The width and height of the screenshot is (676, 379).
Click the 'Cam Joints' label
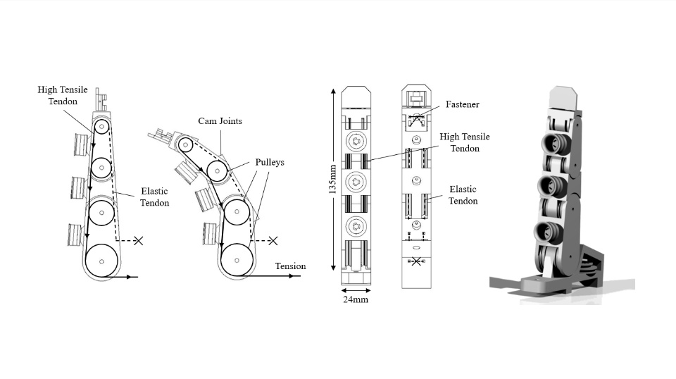coord(220,121)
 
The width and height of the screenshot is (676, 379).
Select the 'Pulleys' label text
coord(270,162)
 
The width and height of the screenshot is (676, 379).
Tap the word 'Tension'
coord(291,266)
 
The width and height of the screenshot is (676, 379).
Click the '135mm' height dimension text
coord(332,179)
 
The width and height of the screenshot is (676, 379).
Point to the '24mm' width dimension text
coord(356,299)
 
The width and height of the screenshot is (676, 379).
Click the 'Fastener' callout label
coord(462,104)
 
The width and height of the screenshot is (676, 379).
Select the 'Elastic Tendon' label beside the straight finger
coord(154,197)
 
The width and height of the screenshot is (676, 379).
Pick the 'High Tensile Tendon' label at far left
coord(63,95)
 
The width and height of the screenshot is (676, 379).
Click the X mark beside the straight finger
coord(139,241)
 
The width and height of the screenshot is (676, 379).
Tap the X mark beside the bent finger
coord(273,241)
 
